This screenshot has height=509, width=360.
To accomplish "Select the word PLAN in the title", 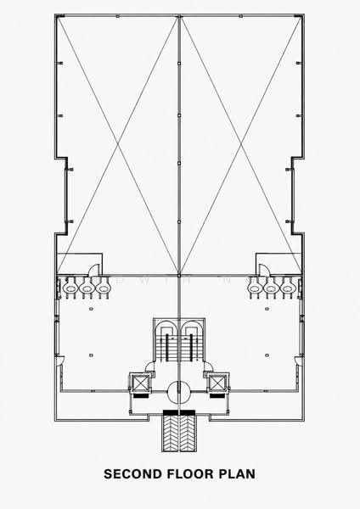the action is (237, 473).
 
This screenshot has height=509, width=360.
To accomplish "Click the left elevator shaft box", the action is (140, 383).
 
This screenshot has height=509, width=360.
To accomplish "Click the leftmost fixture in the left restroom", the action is (70, 288).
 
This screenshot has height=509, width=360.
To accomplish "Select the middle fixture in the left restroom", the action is (87, 288).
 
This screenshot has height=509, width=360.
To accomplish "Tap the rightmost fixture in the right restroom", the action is (288, 288).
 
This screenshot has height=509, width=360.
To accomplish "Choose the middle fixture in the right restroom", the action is (272, 288).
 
